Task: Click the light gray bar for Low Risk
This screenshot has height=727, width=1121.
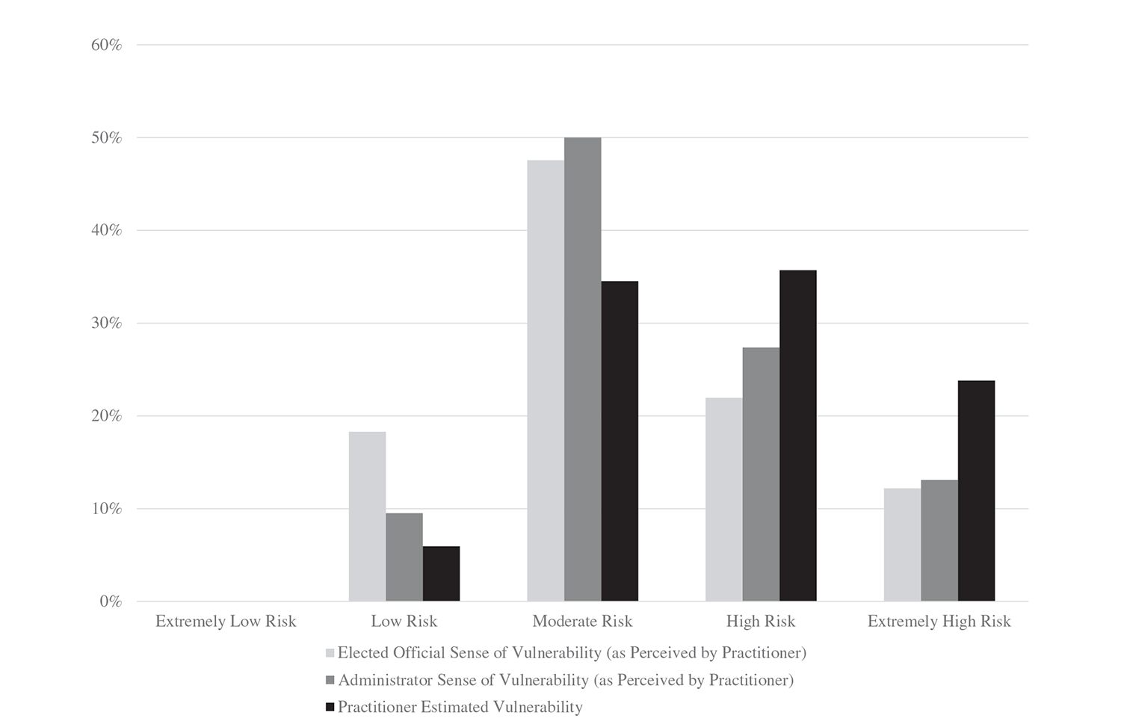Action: point(367,516)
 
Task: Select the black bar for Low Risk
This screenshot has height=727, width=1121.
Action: point(441,574)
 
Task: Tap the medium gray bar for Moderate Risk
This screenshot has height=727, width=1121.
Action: point(582,369)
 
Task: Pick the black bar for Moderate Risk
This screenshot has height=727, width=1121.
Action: point(620,441)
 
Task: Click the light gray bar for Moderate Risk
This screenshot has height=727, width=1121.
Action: point(546,380)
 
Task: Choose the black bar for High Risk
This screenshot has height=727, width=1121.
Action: point(797,436)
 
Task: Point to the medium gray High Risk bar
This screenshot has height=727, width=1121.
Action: point(761,474)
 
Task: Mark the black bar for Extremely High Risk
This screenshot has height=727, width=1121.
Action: point(976,491)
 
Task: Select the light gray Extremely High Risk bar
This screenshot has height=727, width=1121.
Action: point(902,545)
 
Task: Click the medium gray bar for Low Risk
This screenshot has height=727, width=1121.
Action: point(404,557)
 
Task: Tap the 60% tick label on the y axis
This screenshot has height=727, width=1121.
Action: point(106,45)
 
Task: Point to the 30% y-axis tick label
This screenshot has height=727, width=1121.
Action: point(106,324)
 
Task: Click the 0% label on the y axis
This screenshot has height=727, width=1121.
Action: point(110,601)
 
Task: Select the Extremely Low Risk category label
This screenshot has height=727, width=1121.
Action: point(226,622)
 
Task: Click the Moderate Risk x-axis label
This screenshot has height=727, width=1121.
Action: point(582,622)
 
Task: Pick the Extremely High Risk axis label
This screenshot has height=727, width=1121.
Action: point(939,622)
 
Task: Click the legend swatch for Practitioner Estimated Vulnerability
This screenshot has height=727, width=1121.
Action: point(330,707)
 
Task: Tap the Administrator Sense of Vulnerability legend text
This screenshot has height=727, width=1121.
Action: point(566,680)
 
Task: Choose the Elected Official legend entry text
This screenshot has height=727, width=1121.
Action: point(572,653)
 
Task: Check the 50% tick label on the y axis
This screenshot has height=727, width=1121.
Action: point(106,138)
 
